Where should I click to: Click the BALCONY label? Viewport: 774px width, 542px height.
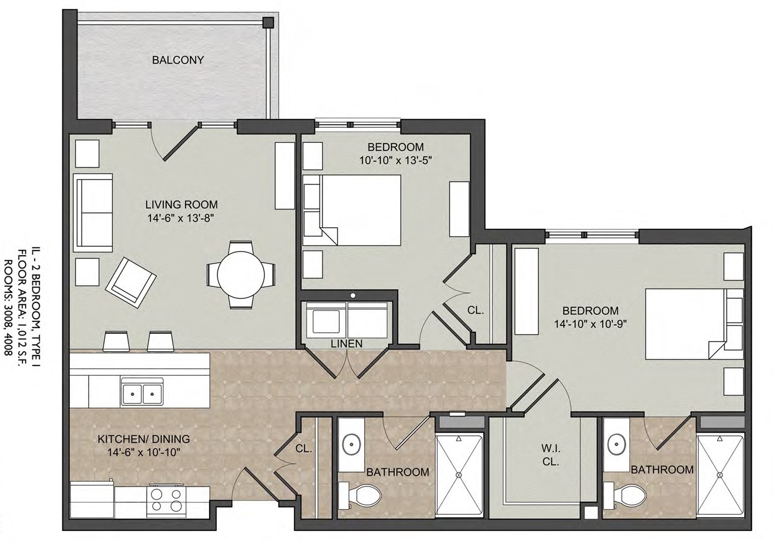click(x=178, y=60)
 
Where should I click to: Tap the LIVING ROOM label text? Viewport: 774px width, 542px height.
click(x=181, y=204)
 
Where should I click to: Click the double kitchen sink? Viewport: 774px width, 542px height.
click(x=142, y=392)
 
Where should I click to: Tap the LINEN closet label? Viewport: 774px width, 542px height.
click(x=347, y=343)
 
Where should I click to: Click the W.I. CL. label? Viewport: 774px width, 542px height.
click(x=551, y=455)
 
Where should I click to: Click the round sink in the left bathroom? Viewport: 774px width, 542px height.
click(x=352, y=443)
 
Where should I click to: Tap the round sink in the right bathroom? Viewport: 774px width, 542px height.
click(x=616, y=443)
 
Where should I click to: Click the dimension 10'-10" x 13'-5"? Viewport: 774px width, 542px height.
click(x=395, y=161)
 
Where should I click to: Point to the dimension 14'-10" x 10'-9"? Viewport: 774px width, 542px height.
click(x=591, y=324)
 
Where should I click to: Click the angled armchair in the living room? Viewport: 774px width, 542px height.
click(x=130, y=282)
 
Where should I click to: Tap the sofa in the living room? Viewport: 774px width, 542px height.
click(x=93, y=213)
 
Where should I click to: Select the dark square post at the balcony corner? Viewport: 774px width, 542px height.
click(x=268, y=23)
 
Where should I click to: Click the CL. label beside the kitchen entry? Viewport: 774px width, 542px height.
click(x=304, y=449)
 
